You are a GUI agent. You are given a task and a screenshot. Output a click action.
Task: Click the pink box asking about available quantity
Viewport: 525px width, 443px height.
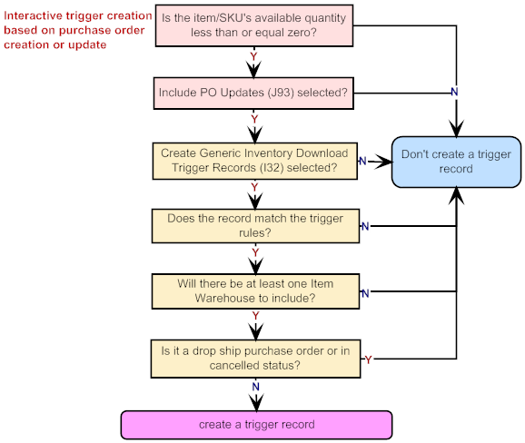click(254, 25)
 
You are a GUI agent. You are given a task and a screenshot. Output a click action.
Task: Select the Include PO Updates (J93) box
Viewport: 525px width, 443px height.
click(253, 94)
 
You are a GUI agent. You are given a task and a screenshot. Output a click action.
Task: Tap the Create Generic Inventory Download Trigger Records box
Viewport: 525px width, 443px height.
click(255, 161)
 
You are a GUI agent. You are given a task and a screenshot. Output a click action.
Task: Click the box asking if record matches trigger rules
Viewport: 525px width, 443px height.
click(255, 226)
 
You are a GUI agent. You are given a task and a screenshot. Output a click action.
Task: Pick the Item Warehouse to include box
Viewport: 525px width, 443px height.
click(255, 291)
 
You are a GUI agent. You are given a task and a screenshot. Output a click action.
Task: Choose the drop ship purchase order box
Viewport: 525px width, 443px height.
click(255, 359)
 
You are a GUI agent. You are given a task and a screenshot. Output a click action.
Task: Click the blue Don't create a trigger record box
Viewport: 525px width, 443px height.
click(456, 162)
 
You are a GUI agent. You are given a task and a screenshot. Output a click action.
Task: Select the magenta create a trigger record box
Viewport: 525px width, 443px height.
click(256, 425)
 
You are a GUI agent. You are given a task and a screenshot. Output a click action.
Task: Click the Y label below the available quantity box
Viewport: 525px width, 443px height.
click(253, 56)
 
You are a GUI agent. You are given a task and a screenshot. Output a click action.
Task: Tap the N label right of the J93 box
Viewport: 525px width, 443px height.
click(454, 92)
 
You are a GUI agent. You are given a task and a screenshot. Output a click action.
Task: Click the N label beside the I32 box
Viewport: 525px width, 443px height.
click(362, 161)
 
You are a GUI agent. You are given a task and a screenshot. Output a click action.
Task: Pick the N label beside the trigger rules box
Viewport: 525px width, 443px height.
click(365, 227)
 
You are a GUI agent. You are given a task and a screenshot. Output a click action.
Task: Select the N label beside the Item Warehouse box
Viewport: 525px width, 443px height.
click(365, 293)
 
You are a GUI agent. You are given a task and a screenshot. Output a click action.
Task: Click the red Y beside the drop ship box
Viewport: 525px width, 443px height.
click(368, 359)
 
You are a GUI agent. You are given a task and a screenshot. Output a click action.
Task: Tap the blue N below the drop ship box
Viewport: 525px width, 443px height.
click(256, 387)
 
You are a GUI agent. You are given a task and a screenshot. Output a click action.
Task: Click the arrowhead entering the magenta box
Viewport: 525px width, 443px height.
click(256, 403)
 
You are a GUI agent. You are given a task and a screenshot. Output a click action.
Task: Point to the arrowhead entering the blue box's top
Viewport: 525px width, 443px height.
click(456, 129)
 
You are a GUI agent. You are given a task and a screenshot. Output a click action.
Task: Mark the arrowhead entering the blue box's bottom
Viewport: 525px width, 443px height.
click(456, 195)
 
